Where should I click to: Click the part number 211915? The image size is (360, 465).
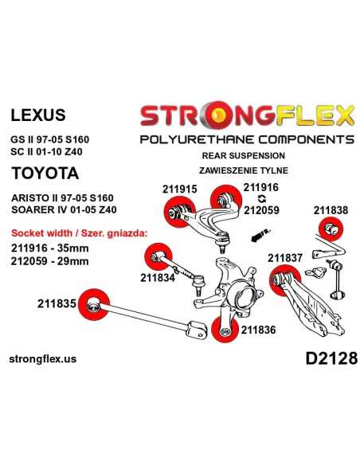pos(179,190)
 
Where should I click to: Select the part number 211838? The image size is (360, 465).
pos(331,210)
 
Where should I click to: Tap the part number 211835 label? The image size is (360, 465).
pos(57,303)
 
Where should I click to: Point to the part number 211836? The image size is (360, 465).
pos(258,330)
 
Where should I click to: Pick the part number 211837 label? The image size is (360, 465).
pos(285,258)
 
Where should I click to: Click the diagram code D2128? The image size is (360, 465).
pos(331,358)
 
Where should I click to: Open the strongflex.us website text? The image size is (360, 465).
pos(43,359)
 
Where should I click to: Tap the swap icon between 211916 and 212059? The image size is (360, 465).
pos(261,199)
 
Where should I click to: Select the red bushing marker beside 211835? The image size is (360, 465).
pos(94,304)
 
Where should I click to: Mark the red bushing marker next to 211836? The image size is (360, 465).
pos(225,329)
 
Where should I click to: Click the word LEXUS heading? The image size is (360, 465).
pos(38,115)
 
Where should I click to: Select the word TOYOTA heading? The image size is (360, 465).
pos(45,174)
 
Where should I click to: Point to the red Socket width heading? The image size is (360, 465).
pos(79,233)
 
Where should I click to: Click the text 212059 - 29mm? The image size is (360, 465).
pos(50,261)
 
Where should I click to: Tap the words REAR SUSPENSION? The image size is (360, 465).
pos(244,156)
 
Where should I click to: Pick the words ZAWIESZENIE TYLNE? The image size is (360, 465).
pos(244,170)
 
